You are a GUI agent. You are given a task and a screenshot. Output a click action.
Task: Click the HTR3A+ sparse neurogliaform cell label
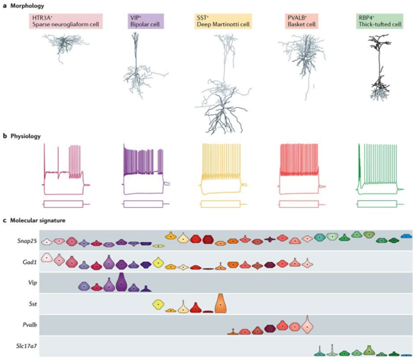point(66,21)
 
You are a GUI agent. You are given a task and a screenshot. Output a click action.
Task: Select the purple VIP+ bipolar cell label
point(146,21)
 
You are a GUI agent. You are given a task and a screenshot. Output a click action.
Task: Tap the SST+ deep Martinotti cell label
point(223,21)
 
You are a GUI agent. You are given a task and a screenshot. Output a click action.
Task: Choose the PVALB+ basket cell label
point(302,21)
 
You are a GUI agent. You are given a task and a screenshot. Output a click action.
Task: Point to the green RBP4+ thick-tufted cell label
point(379,21)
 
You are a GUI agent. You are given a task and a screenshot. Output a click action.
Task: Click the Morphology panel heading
point(23,6)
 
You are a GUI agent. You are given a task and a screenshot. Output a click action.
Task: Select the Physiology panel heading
point(22,136)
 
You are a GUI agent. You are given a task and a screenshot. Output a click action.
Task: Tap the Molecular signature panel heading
point(34,221)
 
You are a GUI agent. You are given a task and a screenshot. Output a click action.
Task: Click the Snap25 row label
point(27,241)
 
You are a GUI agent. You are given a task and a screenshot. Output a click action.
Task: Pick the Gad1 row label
point(30,262)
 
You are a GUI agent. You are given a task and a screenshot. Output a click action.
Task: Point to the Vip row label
point(32,283)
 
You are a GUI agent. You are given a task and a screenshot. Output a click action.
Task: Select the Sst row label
point(33,304)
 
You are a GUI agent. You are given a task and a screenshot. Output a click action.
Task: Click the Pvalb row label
point(30,325)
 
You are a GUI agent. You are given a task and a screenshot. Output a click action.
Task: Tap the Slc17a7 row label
point(27,346)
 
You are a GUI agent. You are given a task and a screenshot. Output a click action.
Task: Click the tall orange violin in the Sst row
point(221,303)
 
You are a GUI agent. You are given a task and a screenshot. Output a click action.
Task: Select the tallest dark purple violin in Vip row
point(121,282)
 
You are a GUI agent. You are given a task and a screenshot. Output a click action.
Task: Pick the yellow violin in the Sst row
point(158,304)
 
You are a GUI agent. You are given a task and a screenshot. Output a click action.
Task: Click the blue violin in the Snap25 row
point(406,236)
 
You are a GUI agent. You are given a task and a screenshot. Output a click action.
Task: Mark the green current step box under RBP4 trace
point(377,204)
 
